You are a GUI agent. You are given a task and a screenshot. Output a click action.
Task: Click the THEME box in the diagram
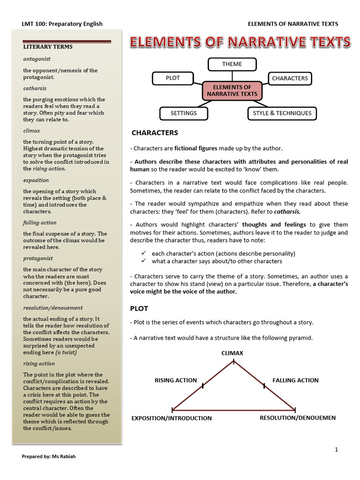(232, 64)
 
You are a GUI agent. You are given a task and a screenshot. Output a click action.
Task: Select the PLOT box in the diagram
(173, 78)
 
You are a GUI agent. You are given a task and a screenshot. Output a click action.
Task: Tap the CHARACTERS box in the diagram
(290, 78)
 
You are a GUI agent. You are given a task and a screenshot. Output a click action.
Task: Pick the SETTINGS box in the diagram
(183, 113)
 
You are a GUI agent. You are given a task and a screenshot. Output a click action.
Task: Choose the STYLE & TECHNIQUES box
(282, 113)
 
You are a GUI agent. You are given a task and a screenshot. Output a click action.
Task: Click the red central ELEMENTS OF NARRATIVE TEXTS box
(232, 90)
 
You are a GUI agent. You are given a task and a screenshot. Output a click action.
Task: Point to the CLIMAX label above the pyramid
(232, 353)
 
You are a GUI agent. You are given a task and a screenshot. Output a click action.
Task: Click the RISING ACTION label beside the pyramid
(176, 380)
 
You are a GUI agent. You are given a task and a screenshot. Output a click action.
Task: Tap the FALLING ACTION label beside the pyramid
(295, 380)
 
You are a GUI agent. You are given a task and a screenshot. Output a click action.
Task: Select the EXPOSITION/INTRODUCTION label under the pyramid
(172, 418)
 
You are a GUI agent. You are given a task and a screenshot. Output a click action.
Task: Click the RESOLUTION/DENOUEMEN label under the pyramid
(298, 418)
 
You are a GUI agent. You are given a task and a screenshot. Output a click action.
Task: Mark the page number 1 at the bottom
(337, 450)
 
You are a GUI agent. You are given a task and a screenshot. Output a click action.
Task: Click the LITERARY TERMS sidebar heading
(48, 47)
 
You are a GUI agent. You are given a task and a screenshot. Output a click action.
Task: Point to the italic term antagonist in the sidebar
(37, 59)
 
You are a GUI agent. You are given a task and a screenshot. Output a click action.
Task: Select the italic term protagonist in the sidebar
(38, 258)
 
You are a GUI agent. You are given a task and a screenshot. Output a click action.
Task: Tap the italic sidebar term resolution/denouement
(53, 307)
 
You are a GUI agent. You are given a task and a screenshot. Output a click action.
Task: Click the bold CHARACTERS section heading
(155, 133)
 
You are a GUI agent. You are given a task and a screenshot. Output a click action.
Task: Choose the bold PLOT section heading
(139, 308)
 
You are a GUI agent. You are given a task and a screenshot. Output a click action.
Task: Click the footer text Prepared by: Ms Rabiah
(49, 457)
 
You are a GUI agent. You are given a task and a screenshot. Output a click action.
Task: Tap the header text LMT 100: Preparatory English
(62, 24)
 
